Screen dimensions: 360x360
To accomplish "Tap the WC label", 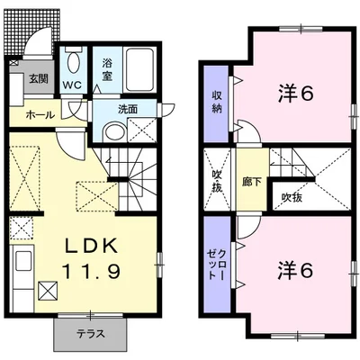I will pos(72,86).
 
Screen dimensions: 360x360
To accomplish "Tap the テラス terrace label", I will pos(90,334).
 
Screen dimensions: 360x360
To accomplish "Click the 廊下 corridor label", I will pos(251,179).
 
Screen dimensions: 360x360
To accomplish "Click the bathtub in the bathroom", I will pos(138,67).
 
